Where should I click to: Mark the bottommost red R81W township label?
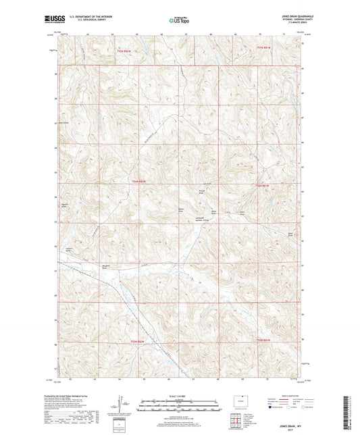[x=262, y=340]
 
